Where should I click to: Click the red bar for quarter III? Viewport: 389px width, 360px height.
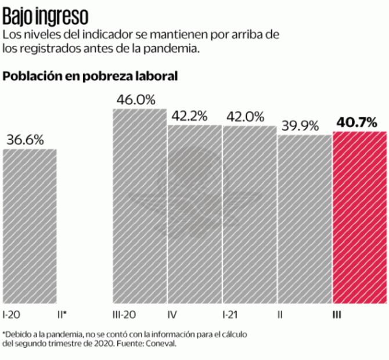(x=359, y=218)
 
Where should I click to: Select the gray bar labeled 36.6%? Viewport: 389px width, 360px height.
(x=30, y=226)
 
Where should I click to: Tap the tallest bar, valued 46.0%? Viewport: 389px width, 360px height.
(x=139, y=206)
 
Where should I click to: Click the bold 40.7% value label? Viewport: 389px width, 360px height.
(x=356, y=123)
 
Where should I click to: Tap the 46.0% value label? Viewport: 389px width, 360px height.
(x=136, y=99)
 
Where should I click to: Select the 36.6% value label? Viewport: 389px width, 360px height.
(x=26, y=140)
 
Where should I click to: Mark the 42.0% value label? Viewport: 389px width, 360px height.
(x=245, y=116)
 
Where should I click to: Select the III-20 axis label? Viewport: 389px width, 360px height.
(x=124, y=314)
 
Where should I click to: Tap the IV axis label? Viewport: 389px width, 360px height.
(x=172, y=314)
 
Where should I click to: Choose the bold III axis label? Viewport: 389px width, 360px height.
(x=337, y=314)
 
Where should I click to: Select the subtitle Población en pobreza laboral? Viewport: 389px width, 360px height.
(x=90, y=76)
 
